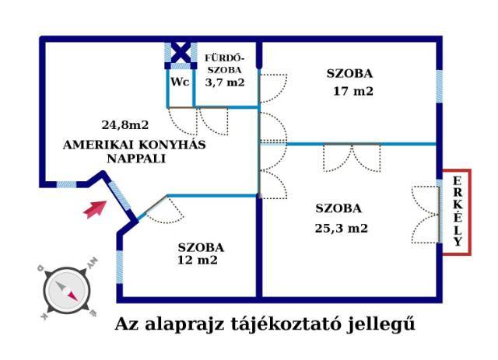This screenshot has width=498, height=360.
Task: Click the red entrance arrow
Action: tap(95, 209)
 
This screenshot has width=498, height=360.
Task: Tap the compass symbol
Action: tap(67, 290)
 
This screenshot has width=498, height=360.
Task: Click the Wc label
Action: tap(180, 82)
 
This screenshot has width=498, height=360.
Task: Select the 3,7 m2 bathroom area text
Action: tap(225, 82)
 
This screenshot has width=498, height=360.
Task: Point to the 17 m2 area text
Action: tap(352, 92)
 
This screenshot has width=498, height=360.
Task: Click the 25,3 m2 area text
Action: tap(342, 229)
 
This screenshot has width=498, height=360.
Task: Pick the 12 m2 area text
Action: tap(197, 260)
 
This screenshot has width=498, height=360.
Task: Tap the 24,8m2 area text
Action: tap(125, 124)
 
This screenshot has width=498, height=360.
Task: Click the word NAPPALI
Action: tap(136, 159)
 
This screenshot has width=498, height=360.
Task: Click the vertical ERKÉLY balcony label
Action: tap(458, 211)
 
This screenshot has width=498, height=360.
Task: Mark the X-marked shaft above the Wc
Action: tap(181, 53)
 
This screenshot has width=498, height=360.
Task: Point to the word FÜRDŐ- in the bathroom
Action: tap(225, 58)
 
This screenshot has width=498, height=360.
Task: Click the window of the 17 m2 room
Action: tap(439, 86)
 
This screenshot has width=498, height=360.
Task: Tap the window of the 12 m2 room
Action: tap(119, 267)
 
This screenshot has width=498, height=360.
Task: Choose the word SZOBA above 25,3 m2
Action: tap(338, 208)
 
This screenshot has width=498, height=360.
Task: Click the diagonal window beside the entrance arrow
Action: tap(119, 196)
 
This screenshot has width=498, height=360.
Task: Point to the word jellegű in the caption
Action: tap(381, 323)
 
